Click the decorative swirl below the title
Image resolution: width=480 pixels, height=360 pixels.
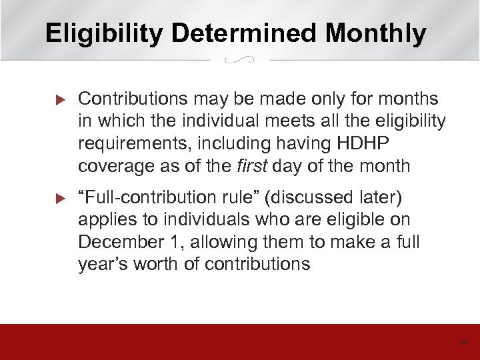pyautogui.click(x=240, y=61)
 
